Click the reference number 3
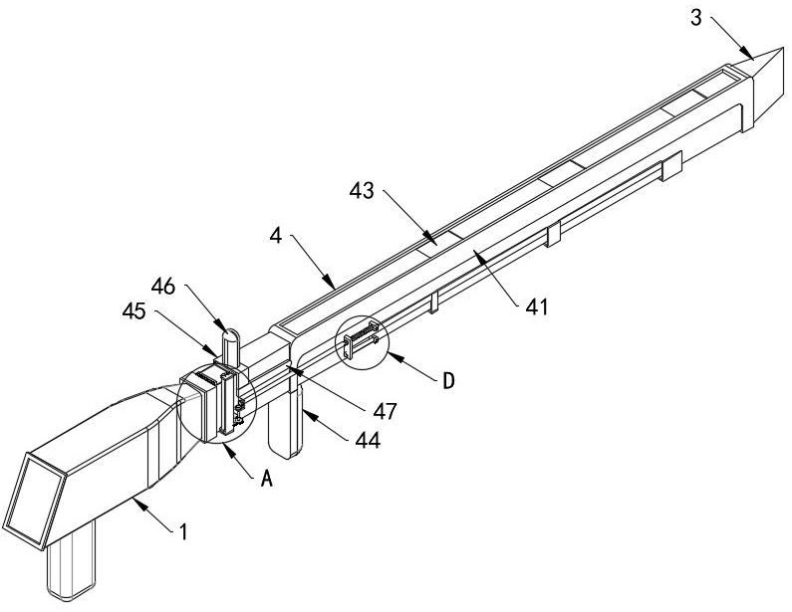click(696, 18)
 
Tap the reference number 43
click(363, 191)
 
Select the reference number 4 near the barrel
click(276, 235)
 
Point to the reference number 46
click(163, 287)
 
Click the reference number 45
click(134, 310)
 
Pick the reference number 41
click(536, 306)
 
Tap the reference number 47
click(386, 411)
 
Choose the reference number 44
click(368, 441)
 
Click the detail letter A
click(267, 479)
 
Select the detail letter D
click(448, 381)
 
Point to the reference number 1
click(184, 531)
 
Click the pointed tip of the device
click(786, 49)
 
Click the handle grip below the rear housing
click(71, 561)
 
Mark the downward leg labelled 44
click(285, 421)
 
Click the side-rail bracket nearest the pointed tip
click(671, 165)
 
